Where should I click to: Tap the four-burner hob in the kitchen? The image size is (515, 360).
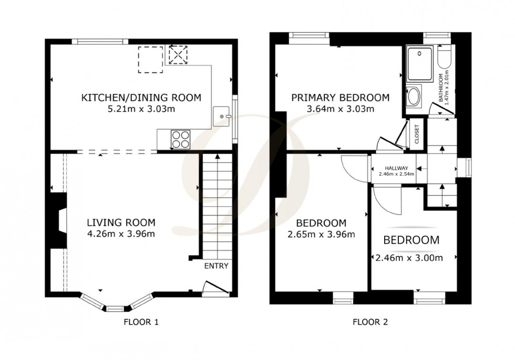[180, 139]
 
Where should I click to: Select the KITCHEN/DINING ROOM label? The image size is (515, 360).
[141, 97]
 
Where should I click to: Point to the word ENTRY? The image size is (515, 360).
[216, 266]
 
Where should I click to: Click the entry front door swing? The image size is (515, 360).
[215, 287]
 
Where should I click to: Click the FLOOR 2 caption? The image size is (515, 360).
[370, 322]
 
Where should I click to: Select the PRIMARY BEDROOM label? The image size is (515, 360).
[340, 97]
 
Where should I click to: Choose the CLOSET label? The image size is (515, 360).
[417, 135]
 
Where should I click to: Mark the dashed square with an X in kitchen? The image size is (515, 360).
[178, 55]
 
